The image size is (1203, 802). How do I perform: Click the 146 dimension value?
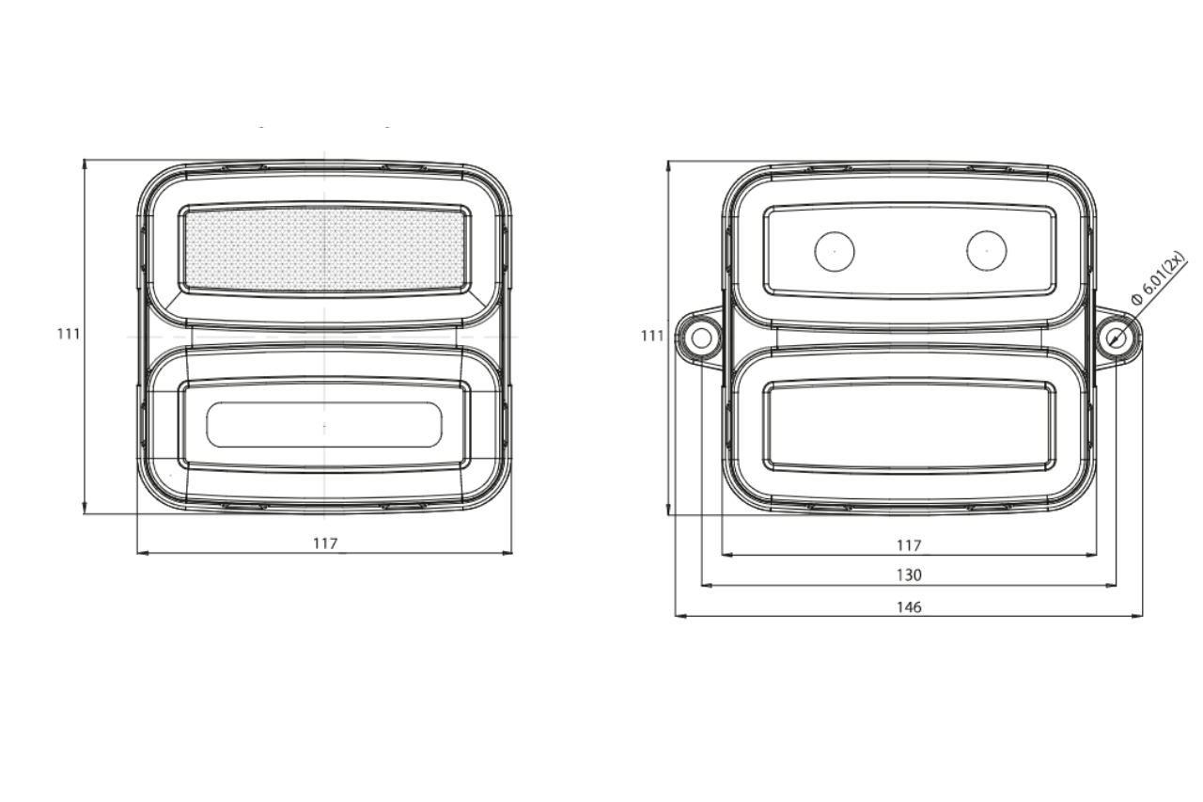tap(908, 607)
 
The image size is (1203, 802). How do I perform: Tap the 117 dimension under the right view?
tap(908, 545)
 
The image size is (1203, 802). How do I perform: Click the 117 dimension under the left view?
tap(324, 543)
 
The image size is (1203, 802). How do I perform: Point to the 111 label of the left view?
tap(68, 334)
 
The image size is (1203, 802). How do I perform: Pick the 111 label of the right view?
tap(651, 336)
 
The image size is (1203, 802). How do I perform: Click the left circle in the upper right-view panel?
tap(834, 251)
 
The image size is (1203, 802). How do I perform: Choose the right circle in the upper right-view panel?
tap(986, 250)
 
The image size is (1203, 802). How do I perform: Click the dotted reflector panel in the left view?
tap(324, 249)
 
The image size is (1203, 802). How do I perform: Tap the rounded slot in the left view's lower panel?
tap(324, 425)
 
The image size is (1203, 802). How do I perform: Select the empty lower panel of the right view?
tap(908, 425)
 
